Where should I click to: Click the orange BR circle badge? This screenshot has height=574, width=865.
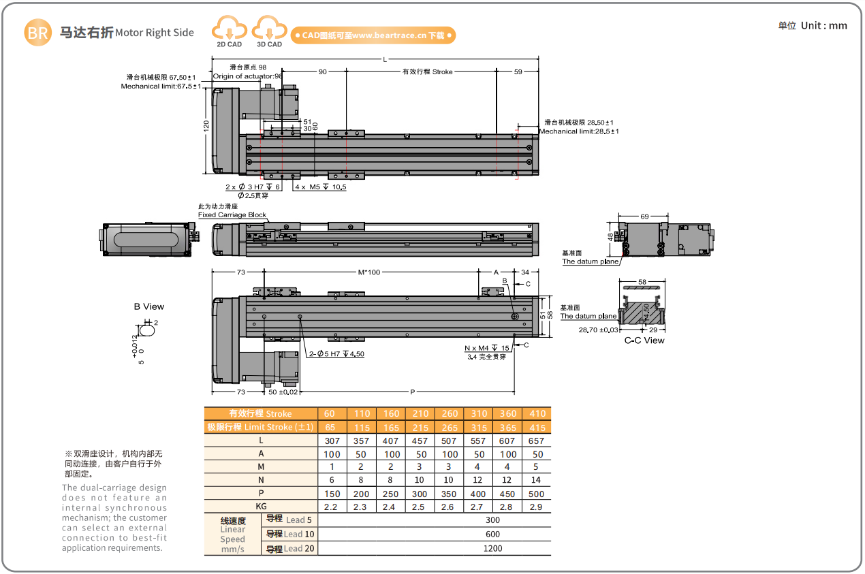tap(38, 33)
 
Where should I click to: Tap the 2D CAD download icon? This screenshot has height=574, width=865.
tap(230, 31)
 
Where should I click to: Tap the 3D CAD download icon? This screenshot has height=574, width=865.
tap(269, 31)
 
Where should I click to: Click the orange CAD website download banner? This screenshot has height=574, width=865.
tap(373, 35)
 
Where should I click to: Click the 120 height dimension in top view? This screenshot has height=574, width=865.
tap(206, 128)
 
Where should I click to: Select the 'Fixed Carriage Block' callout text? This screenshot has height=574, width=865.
tap(232, 214)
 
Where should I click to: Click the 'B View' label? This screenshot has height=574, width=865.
tap(149, 306)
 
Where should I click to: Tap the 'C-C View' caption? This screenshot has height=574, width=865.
tap(644, 340)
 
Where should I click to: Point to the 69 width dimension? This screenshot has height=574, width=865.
tap(644, 216)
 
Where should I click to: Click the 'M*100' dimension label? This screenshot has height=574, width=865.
tap(369, 272)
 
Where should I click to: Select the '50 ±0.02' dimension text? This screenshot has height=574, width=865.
tap(283, 392)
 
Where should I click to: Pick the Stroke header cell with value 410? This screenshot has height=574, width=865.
tap(537, 413)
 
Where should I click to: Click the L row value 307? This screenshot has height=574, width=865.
tap(332, 441)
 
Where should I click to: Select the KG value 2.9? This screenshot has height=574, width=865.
tap(537, 507)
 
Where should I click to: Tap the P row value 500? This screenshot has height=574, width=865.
tap(537, 494)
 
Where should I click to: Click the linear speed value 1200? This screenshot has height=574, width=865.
tap(492, 548)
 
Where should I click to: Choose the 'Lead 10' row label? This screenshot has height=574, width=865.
tap(290, 535)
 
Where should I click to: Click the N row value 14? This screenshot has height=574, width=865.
tap(537, 480)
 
